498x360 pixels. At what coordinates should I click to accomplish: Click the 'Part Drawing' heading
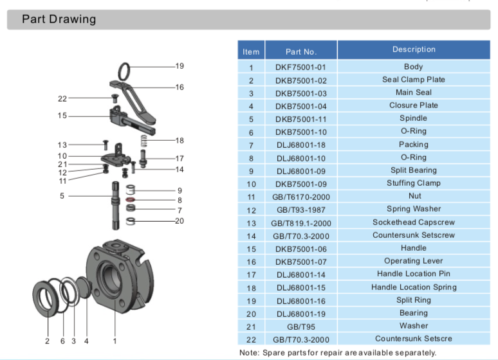click(x=59, y=19)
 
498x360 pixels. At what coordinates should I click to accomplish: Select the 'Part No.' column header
click(x=301, y=51)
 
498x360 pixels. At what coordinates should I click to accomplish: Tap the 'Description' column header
click(x=414, y=50)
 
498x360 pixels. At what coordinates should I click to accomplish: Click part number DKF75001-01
click(x=301, y=67)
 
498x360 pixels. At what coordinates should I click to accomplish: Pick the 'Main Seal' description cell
click(x=414, y=93)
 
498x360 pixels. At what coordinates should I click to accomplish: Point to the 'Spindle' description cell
click(x=414, y=118)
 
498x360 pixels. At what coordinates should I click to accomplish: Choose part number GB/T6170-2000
click(x=301, y=197)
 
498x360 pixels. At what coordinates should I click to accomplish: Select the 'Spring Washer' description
click(x=414, y=209)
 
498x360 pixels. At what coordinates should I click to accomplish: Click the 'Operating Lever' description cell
click(x=414, y=261)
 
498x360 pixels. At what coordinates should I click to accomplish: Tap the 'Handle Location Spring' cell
click(x=414, y=287)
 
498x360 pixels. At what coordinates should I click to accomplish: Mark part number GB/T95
click(x=301, y=326)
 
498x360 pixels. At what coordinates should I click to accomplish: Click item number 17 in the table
click(x=251, y=274)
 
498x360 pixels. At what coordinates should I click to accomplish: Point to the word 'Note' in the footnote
click(x=248, y=352)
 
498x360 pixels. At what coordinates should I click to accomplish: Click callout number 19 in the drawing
click(x=180, y=66)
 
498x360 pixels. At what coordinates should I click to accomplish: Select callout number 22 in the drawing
click(x=62, y=98)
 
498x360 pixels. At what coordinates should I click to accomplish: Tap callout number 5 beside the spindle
click(x=62, y=195)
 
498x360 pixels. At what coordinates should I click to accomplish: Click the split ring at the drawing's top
click(x=125, y=69)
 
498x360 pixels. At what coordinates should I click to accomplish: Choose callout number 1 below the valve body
click(x=115, y=341)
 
